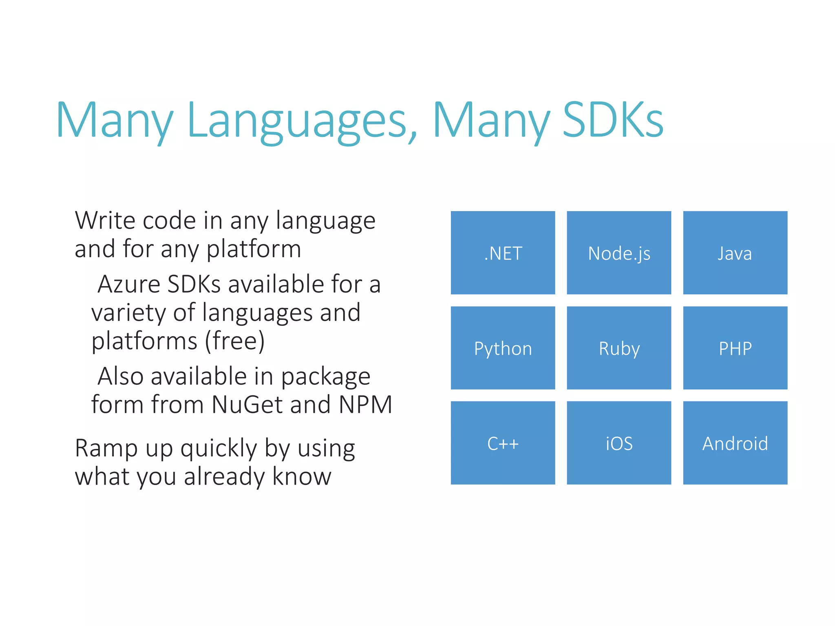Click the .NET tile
[503, 253]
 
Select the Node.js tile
[619, 253]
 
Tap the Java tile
[735, 253]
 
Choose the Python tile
[503, 348]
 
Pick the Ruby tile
[619, 348]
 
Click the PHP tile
[735, 348]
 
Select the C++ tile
[503, 443]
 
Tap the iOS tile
[619, 443]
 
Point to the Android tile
[735, 443]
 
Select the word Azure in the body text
[129, 284]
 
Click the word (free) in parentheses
[235, 341]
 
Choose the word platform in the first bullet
[254, 249]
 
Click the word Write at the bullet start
[105, 221]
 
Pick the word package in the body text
[325, 377]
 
